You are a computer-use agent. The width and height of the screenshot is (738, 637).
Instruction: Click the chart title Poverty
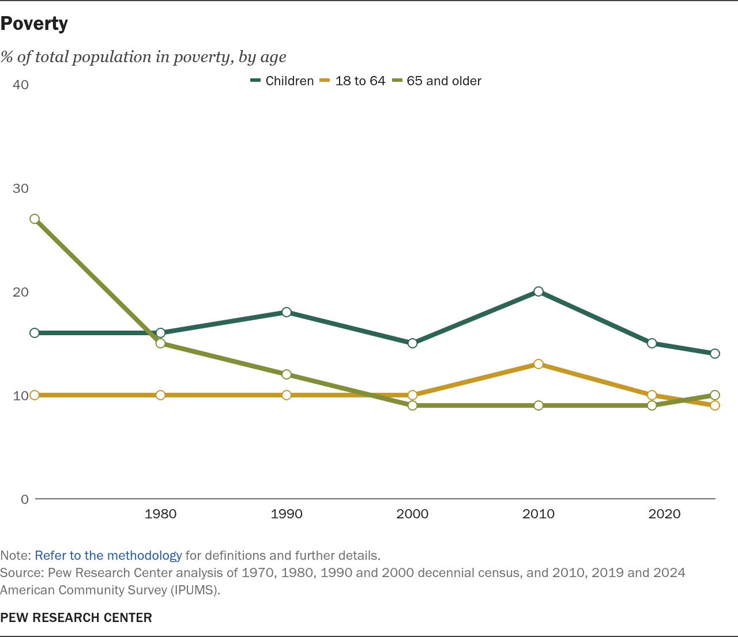click(x=34, y=24)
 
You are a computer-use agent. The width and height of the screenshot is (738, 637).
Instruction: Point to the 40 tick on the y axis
click(x=20, y=85)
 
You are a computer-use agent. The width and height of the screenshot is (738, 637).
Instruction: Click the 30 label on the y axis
click(x=20, y=188)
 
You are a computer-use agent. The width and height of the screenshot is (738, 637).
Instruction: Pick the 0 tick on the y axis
click(x=24, y=499)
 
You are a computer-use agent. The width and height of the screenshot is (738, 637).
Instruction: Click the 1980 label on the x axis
click(x=160, y=514)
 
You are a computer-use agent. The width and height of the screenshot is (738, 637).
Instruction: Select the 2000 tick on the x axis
click(x=412, y=514)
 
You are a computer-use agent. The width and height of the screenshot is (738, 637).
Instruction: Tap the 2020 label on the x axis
click(x=664, y=514)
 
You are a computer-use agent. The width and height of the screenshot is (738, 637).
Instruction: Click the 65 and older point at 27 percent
click(x=35, y=219)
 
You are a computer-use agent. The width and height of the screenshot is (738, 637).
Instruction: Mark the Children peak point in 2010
click(x=539, y=291)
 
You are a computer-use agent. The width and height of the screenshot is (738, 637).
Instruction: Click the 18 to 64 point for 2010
click(x=539, y=364)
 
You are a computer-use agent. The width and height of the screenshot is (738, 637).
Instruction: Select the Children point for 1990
click(x=287, y=312)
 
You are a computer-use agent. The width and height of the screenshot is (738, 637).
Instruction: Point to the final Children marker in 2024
click(x=715, y=354)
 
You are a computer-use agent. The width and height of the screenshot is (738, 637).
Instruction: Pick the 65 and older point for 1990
click(x=287, y=374)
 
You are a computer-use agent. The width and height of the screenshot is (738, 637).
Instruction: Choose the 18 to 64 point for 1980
click(x=160, y=395)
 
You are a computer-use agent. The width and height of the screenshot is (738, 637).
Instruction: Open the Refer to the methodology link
click(x=108, y=556)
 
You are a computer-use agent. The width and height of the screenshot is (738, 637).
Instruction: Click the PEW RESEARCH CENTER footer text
click(x=76, y=617)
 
